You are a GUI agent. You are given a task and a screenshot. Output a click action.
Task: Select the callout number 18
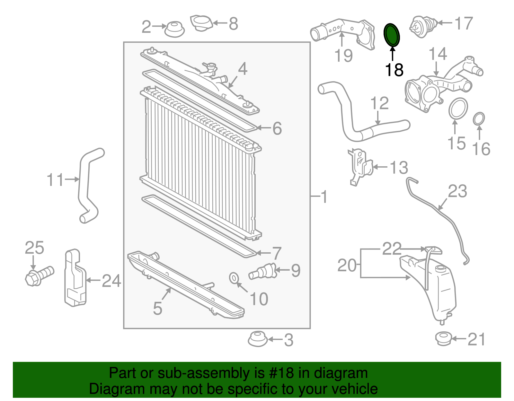(x=394, y=70)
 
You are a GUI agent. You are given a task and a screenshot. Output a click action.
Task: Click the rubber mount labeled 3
(x=257, y=339)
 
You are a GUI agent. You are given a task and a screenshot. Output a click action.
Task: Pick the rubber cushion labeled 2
(x=174, y=29)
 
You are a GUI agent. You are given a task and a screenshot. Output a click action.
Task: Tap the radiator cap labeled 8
(x=201, y=23)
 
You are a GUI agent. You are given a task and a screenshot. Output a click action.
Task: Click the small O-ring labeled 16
(x=479, y=119)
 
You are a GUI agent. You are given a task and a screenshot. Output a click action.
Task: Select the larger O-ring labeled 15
(x=458, y=109)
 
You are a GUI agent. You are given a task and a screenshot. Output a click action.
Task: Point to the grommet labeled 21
(x=444, y=339)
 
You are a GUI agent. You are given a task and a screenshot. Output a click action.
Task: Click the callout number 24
(x=111, y=281)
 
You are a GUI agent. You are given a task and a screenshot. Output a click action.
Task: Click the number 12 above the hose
(x=379, y=103)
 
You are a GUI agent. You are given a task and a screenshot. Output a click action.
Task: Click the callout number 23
(x=457, y=191)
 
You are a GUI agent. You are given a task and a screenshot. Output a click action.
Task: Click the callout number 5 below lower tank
(x=157, y=308)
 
